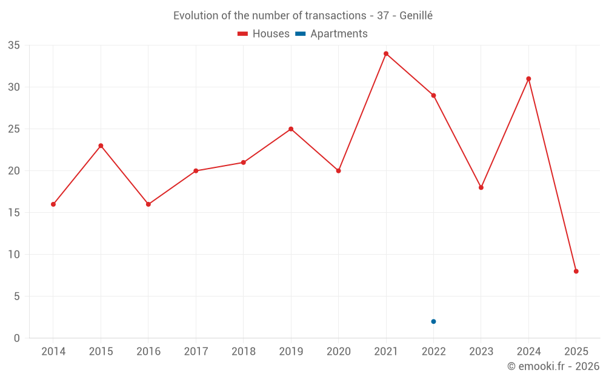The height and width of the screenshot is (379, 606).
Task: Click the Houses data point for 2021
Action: pos(386,53)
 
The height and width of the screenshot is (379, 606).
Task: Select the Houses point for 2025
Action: pos(576,271)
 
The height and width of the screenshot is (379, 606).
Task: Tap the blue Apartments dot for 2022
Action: pos(433,321)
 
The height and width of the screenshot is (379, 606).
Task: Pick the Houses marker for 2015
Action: pos(101,146)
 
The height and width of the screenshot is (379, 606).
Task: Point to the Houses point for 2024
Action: pos(528,79)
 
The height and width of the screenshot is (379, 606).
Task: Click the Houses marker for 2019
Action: pos(291,129)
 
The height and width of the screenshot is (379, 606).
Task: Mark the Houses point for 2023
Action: pos(481,187)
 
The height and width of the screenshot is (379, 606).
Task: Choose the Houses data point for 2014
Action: pos(53,204)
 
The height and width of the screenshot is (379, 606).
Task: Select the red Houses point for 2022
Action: pos(433,95)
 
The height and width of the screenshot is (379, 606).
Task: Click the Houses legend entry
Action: pos(264,34)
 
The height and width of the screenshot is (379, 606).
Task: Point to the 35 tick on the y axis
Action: pos(14,45)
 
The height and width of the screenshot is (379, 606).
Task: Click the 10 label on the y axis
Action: pos(14,255)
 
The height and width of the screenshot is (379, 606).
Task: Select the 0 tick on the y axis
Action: pos(17,338)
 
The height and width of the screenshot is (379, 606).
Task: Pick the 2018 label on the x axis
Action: pos(243,352)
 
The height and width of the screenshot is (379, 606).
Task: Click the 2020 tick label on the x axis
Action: pos(338,352)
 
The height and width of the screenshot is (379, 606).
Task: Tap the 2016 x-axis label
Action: pos(148,352)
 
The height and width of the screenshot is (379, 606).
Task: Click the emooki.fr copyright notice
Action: pos(553,366)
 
